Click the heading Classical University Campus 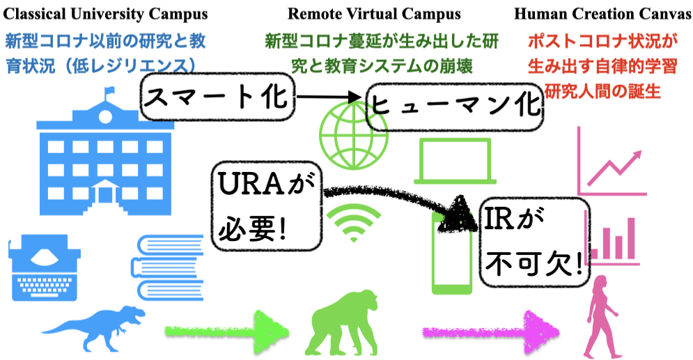click(x=105, y=14)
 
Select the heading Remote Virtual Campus click(x=374, y=14)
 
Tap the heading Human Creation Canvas click(x=603, y=14)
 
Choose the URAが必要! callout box click(x=267, y=206)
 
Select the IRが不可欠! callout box click(x=535, y=242)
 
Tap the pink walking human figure click(x=601, y=317)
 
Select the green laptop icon click(x=455, y=162)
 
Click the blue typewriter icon click(x=44, y=267)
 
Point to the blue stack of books click(x=168, y=267)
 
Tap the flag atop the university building click(x=109, y=91)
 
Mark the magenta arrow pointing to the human click(x=490, y=332)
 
